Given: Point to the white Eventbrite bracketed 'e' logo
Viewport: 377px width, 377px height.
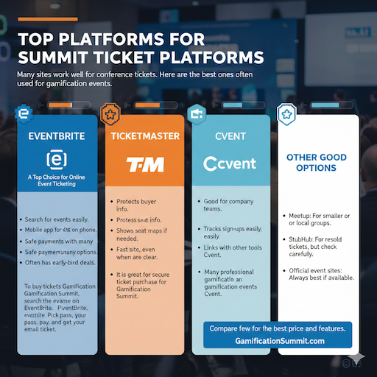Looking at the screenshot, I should [55, 158].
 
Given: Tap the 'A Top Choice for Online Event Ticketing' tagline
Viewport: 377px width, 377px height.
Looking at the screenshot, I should [55, 180].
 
